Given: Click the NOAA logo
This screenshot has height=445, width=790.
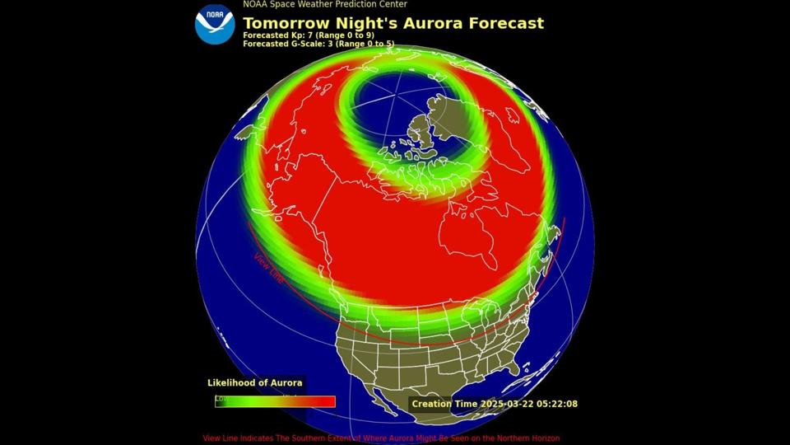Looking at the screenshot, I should coord(215,24).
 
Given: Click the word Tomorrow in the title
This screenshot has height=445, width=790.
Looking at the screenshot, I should coord(286,23).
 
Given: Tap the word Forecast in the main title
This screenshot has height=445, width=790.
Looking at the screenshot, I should coord(505,23).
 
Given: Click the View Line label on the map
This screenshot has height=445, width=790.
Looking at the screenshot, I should coord(268,269).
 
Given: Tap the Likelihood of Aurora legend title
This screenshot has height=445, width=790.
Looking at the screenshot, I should coord(254,382).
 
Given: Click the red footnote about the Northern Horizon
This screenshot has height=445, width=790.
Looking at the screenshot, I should coord(381,438).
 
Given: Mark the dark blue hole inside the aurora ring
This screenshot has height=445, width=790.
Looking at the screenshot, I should coord(387,103).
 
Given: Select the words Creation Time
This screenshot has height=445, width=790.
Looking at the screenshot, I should coord(443,404).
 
